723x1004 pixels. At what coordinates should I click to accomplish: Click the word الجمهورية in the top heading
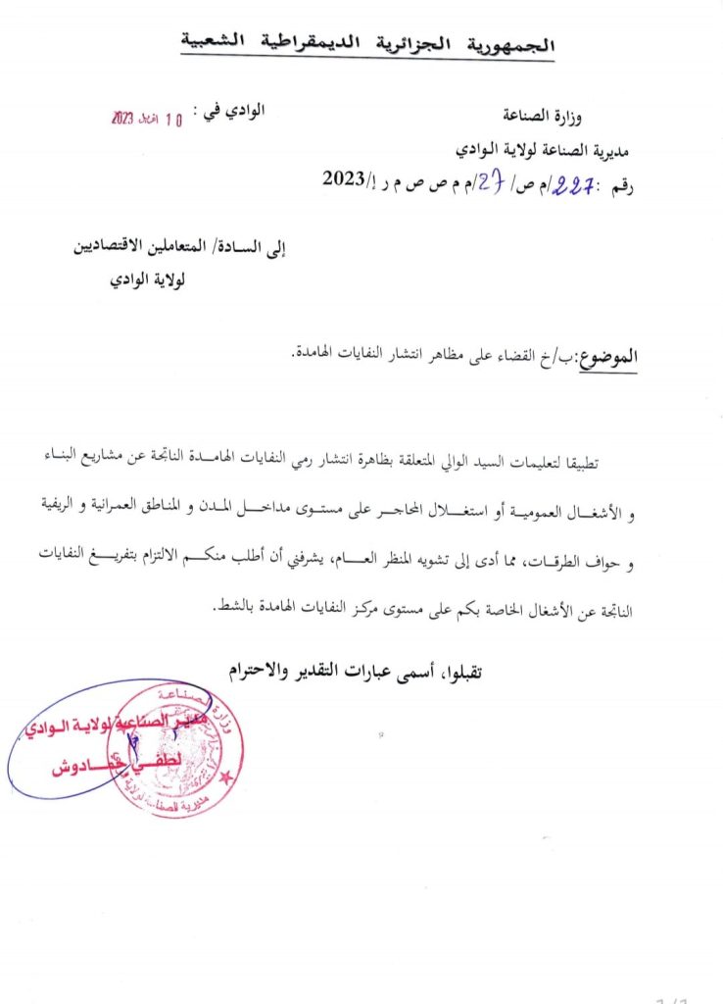[517, 45]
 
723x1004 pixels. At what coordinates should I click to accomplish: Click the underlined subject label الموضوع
[609, 358]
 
